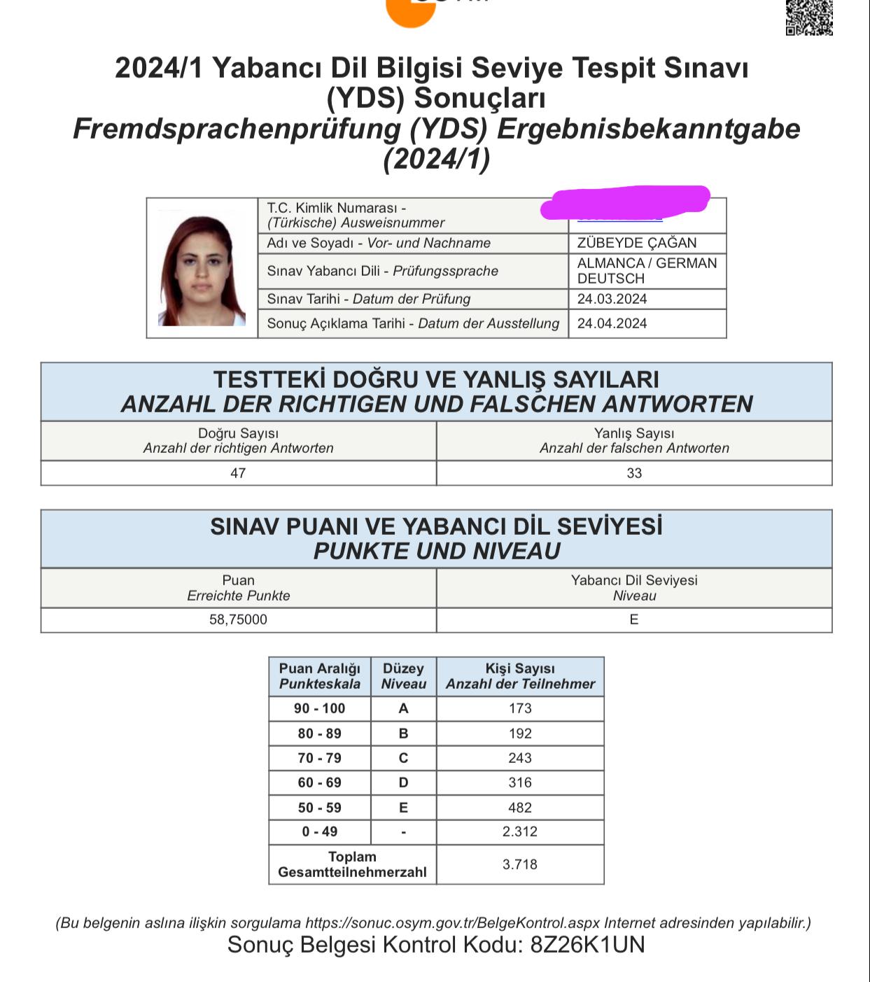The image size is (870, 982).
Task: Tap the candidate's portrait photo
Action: pos(202,269)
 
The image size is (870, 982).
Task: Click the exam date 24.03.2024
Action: pos(612,299)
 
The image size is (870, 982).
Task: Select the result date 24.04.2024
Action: pos(612,323)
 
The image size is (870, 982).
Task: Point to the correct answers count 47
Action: pos(238,473)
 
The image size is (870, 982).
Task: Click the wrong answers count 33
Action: pos(634,473)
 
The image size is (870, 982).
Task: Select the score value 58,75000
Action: pos(238,619)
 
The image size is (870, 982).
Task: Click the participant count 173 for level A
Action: pos(520,708)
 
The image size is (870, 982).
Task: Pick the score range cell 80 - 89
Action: pos(319,734)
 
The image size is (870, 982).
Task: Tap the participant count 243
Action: pos(520,758)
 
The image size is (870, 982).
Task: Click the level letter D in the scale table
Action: pos(403,783)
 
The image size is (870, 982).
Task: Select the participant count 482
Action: pos(520,808)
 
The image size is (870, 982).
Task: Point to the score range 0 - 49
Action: pos(319,832)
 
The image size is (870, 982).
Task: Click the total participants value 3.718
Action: pos(520,864)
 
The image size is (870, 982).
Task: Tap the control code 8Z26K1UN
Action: pos(587,945)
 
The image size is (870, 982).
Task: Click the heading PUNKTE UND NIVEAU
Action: pos(436,551)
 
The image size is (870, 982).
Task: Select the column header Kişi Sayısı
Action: pos(520,668)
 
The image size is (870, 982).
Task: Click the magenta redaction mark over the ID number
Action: pos(626,202)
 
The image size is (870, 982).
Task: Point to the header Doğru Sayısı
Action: pos(238,433)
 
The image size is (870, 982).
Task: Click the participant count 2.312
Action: pos(520,832)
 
